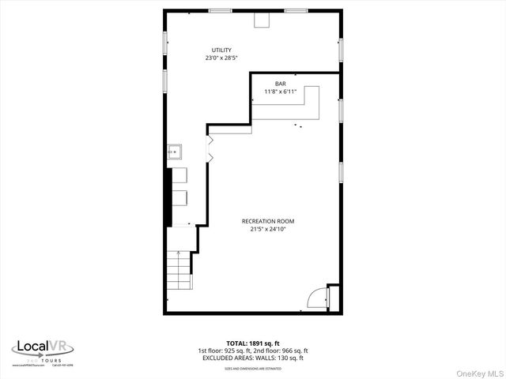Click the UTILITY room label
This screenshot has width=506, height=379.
point(221,50)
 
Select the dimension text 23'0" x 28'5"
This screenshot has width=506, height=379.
point(221,58)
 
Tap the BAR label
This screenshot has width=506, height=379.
point(281,84)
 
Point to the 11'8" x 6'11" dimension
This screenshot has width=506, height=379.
point(281,92)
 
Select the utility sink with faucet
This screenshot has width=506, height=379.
point(175,151)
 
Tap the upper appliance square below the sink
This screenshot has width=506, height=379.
point(180,176)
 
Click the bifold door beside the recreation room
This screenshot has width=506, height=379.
point(210,149)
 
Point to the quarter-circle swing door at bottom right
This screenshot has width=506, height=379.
point(316,298)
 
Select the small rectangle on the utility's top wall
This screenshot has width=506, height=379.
point(262,21)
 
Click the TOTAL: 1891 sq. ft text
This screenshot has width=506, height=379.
point(253,343)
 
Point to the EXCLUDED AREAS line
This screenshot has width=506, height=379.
point(253,358)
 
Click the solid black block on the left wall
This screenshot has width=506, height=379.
point(167,197)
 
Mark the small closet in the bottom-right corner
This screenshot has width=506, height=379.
point(334,298)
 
